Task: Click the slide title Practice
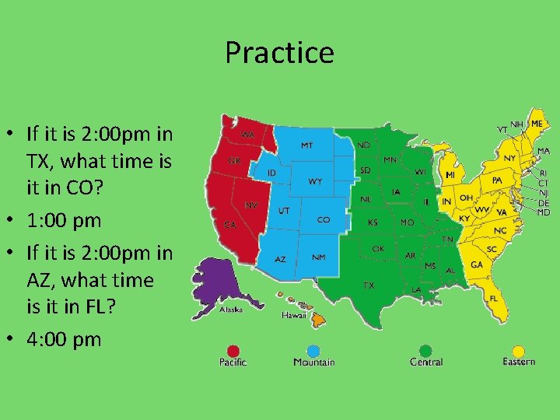[x=279, y=53]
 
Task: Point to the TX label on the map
[x=369, y=285]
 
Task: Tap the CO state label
[x=323, y=220]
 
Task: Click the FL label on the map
[x=494, y=298]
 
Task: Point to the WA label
[x=247, y=135]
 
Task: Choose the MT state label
[x=307, y=145]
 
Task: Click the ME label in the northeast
[x=537, y=123]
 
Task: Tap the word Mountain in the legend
[x=314, y=362]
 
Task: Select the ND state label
[x=363, y=145]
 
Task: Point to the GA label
[x=476, y=264]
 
